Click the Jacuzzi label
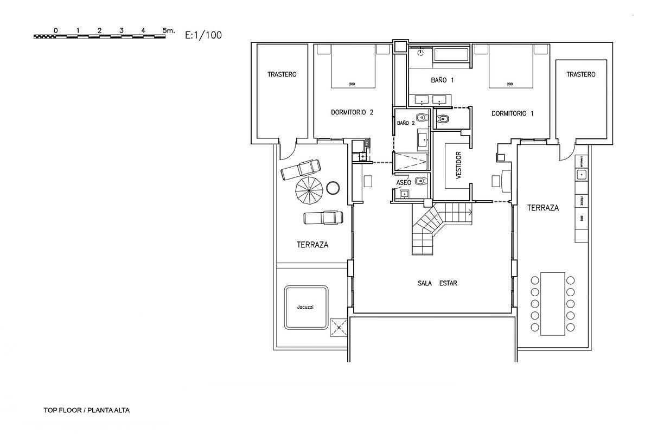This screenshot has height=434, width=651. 305,307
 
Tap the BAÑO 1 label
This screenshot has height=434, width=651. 442,80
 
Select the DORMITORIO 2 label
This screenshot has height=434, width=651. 353,113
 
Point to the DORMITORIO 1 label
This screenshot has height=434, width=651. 513,113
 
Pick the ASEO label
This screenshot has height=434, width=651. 404,183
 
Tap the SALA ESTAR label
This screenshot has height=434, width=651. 437,283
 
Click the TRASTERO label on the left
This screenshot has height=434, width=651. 282,74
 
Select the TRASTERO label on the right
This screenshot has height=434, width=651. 581,74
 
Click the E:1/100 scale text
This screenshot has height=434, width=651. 203,35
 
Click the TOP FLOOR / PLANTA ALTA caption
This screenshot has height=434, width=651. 87,411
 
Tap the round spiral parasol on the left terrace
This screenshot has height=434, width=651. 309,189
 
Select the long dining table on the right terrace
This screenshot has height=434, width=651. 552,304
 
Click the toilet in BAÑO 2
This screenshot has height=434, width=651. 420,117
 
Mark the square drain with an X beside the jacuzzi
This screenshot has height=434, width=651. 338,327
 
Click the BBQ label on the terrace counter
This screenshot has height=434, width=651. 581,219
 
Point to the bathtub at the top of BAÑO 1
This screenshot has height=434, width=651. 451,54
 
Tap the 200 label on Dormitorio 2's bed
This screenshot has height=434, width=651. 352,84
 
